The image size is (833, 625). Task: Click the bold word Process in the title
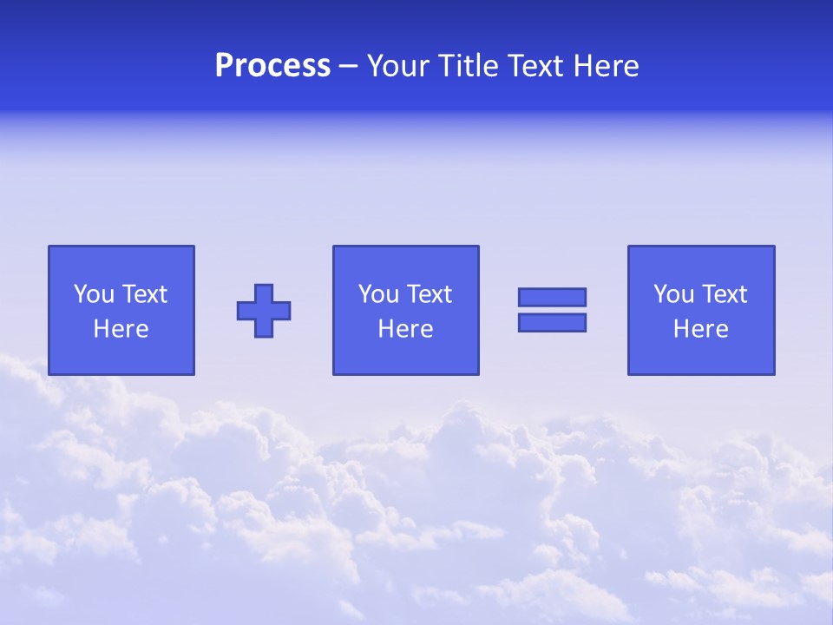[272, 66]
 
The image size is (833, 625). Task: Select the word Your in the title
[397, 66]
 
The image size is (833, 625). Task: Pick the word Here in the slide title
[607, 66]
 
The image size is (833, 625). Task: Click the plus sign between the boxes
[264, 311]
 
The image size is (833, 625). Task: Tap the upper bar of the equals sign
[552, 297]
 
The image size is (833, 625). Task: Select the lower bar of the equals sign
[552, 322]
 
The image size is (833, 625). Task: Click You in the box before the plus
[94, 294]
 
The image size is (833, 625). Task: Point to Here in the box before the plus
[121, 329]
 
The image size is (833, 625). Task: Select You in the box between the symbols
[378, 294]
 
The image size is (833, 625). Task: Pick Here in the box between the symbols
[406, 329]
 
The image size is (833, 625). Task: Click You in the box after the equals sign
[673, 294]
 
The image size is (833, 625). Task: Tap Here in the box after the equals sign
[701, 329]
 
